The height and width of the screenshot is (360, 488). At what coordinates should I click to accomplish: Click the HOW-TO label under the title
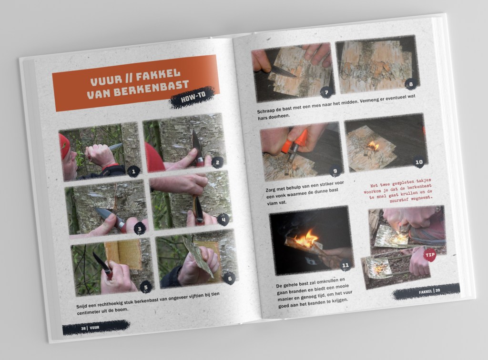(193, 97)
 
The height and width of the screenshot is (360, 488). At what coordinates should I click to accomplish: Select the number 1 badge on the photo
(134, 171)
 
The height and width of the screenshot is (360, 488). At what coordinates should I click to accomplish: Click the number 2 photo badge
(217, 162)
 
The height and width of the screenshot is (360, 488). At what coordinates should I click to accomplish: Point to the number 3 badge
(140, 229)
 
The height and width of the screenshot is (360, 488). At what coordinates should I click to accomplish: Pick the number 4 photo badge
(224, 220)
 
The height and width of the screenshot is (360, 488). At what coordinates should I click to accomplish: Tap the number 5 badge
(146, 287)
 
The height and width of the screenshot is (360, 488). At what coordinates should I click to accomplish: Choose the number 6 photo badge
(230, 278)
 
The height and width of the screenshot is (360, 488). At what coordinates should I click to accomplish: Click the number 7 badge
(326, 92)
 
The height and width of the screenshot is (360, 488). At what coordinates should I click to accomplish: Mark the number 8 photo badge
(411, 84)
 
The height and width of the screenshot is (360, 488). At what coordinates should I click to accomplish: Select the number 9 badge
(335, 170)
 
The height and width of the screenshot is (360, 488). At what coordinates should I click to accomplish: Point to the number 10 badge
(419, 162)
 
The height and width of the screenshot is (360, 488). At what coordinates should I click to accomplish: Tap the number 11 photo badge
(346, 265)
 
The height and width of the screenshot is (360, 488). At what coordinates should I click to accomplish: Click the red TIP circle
(430, 255)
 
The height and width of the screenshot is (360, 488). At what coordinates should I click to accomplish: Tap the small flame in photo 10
(373, 145)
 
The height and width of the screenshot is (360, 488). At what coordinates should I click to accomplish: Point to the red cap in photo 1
(64, 146)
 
